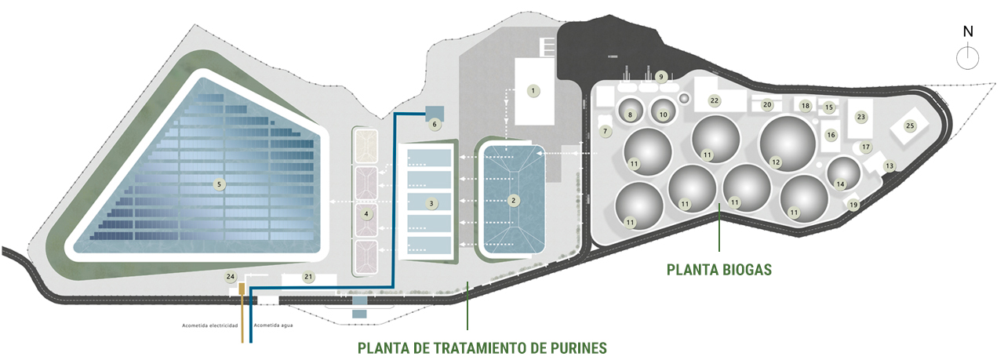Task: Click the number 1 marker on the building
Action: point(533,91)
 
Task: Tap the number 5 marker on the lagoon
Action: point(220,185)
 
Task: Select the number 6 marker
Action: point(435,124)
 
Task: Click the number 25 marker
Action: point(910,125)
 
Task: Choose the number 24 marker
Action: point(230,277)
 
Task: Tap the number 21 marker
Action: point(308,277)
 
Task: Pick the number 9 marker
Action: point(661,77)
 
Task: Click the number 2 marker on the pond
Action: point(513,201)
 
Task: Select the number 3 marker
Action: point(431,203)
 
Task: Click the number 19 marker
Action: point(853,205)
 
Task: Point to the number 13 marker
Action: point(889,165)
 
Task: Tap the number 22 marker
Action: point(714,100)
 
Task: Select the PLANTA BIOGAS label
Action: point(719,270)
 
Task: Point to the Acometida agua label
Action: point(274,325)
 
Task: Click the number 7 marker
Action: point(605,131)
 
